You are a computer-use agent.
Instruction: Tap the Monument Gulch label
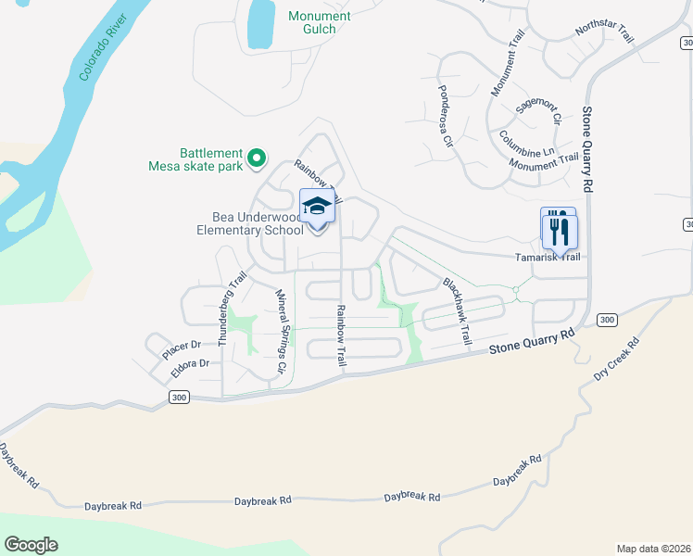click(x=320, y=23)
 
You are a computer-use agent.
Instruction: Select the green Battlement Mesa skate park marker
click(x=258, y=160)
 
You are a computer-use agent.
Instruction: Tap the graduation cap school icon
click(x=317, y=208)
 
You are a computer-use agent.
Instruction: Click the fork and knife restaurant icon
click(x=560, y=231)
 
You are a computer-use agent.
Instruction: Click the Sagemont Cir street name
click(x=539, y=112)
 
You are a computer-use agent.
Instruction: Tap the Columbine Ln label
click(x=527, y=143)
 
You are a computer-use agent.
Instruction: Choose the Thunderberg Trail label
click(x=233, y=309)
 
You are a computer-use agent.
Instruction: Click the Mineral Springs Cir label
click(x=281, y=331)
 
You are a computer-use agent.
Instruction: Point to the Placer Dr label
click(x=182, y=350)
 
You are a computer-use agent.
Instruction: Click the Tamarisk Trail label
click(x=548, y=257)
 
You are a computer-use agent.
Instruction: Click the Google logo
click(x=31, y=545)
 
